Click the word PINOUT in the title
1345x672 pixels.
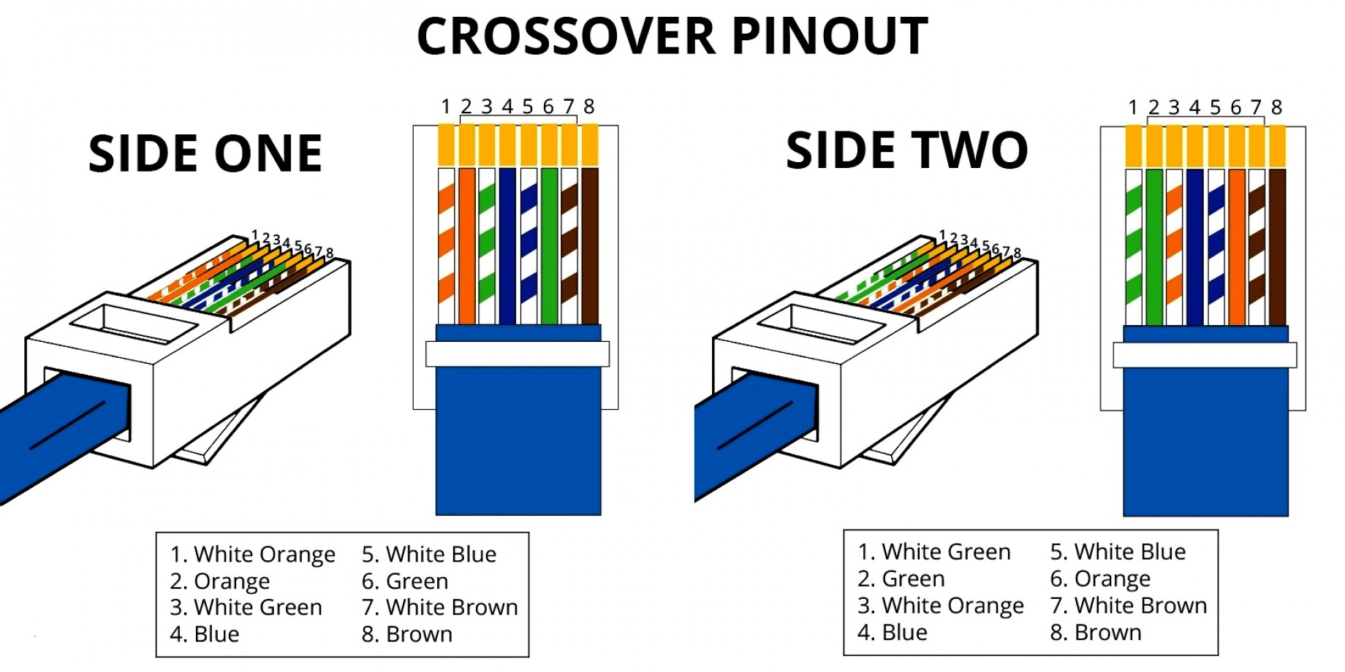pos(830,37)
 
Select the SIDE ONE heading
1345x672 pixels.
pos(205,154)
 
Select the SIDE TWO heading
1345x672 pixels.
pos(906,151)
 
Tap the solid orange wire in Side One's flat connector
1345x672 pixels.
pos(466,245)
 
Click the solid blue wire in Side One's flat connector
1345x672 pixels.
pos(507,245)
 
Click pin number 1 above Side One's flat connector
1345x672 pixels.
pos(445,107)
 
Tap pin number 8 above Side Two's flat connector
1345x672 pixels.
pos(1276,108)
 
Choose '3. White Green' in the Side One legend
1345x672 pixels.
pos(246,608)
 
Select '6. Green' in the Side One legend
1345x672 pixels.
pos(405,581)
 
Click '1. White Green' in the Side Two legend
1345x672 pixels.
pos(934,552)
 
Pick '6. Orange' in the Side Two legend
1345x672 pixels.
pos(1100,579)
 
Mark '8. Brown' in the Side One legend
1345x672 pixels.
pos(407,634)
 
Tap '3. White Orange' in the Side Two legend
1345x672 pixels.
pos(941,606)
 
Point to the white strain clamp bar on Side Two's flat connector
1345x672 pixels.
pos(1205,355)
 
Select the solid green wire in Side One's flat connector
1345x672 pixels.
pos(549,245)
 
